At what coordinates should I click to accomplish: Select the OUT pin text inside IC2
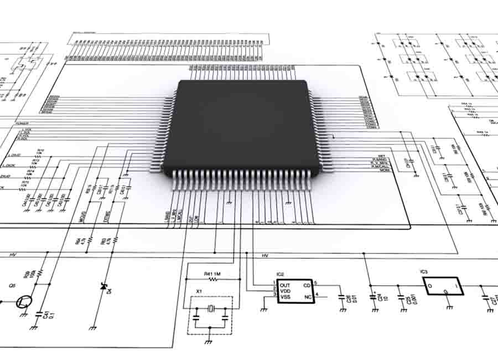pos(284,285)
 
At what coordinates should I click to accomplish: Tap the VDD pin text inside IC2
pos(285,291)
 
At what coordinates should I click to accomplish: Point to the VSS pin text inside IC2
pos(285,297)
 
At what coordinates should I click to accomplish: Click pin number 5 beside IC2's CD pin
pos(315,283)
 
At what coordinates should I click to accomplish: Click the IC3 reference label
pos(424,272)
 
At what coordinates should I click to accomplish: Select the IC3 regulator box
pos(442,285)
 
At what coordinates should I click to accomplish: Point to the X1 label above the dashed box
pos(199,291)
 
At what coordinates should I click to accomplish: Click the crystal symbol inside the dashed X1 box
pos(210,309)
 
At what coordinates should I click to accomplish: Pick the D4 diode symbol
pos(102,286)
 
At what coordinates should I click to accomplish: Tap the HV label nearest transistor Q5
pos(13,255)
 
